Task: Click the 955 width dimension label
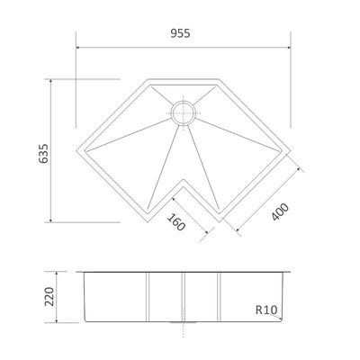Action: [180, 33]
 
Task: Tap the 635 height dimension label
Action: [43, 154]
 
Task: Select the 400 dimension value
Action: [280, 211]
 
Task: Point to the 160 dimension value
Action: [175, 222]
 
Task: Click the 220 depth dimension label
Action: [49, 297]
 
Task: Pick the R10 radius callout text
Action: [266, 310]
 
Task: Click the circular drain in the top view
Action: [184, 113]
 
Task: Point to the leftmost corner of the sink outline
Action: [76, 150]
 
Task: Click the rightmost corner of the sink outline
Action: [290, 150]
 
